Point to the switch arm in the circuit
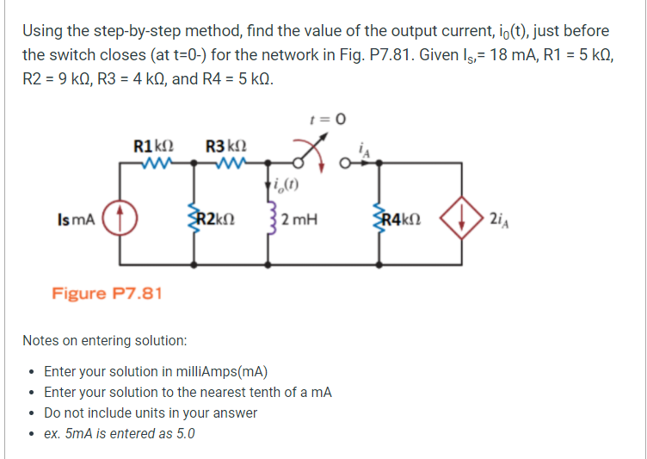coord(306,155)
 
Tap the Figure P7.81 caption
coord(107,293)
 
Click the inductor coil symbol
coord(274,220)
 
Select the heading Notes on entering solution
coord(104,340)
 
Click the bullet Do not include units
coord(151,412)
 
